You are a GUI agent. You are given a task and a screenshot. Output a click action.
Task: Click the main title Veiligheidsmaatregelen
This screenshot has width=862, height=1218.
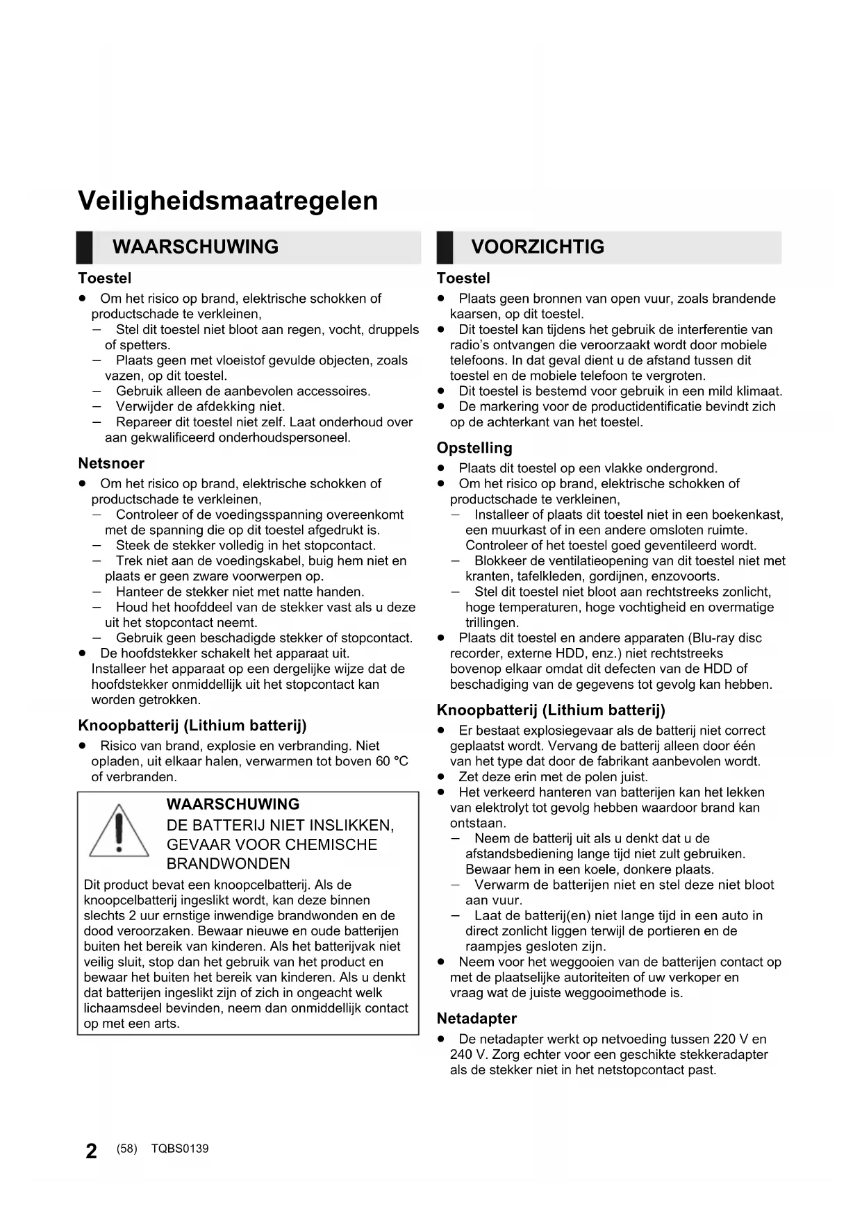pos(228,201)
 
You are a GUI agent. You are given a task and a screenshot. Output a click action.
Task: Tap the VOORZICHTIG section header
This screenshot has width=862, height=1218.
pos(537,247)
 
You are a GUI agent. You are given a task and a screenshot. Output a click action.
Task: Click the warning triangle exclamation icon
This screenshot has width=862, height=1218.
pos(119,831)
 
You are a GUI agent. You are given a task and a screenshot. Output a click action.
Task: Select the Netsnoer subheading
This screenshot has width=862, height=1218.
pos(111,463)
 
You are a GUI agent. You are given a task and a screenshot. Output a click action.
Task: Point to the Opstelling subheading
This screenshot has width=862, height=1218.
pos(474,448)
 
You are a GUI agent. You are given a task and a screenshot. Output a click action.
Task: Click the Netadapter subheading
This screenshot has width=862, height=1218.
pos(476,1019)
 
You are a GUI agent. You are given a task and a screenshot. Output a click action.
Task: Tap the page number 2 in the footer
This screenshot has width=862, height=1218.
pos(91,1151)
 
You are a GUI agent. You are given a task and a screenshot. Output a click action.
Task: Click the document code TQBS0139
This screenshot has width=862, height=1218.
pos(179,1149)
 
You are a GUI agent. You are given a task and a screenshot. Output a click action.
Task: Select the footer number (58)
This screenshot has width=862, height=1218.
pos(127,1149)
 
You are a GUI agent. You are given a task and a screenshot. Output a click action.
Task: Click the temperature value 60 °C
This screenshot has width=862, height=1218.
pos(391,762)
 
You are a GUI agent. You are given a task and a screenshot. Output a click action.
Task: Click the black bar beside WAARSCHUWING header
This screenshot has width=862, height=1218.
pos(84,248)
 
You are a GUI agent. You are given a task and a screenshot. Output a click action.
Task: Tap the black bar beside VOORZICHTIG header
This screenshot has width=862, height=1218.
pos(445,248)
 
